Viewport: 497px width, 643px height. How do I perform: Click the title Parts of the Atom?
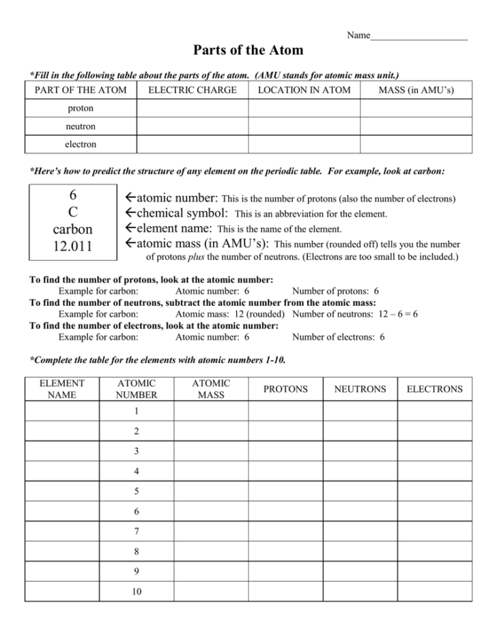pyautogui.click(x=248, y=51)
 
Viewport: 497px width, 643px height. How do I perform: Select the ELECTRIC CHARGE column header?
pyautogui.click(x=193, y=90)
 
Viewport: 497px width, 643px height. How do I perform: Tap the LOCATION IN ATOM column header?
pyautogui.click(x=304, y=90)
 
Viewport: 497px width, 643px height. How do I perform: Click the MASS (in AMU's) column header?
pyautogui.click(x=416, y=90)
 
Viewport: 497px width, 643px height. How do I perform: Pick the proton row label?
pyautogui.click(x=81, y=109)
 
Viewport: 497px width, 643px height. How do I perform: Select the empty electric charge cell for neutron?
pyautogui.click(x=193, y=126)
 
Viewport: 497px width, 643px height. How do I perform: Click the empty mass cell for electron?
pyautogui.click(x=416, y=144)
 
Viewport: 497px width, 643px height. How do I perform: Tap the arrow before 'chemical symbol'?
pyautogui.click(x=132, y=214)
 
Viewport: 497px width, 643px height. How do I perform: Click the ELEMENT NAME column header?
pyautogui.click(x=62, y=389)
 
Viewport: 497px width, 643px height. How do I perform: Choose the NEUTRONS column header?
pyautogui.click(x=360, y=389)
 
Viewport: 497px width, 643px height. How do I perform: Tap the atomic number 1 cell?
pyautogui.click(x=137, y=411)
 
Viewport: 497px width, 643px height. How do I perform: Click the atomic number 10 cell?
pyautogui.click(x=137, y=592)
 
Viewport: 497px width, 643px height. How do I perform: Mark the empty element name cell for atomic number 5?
pyautogui.click(x=62, y=491)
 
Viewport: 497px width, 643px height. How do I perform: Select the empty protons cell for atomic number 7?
pyautogui.click(x=285, y=532)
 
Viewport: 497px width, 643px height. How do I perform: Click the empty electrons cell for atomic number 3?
pyautogui.click(x=434, y=451)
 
